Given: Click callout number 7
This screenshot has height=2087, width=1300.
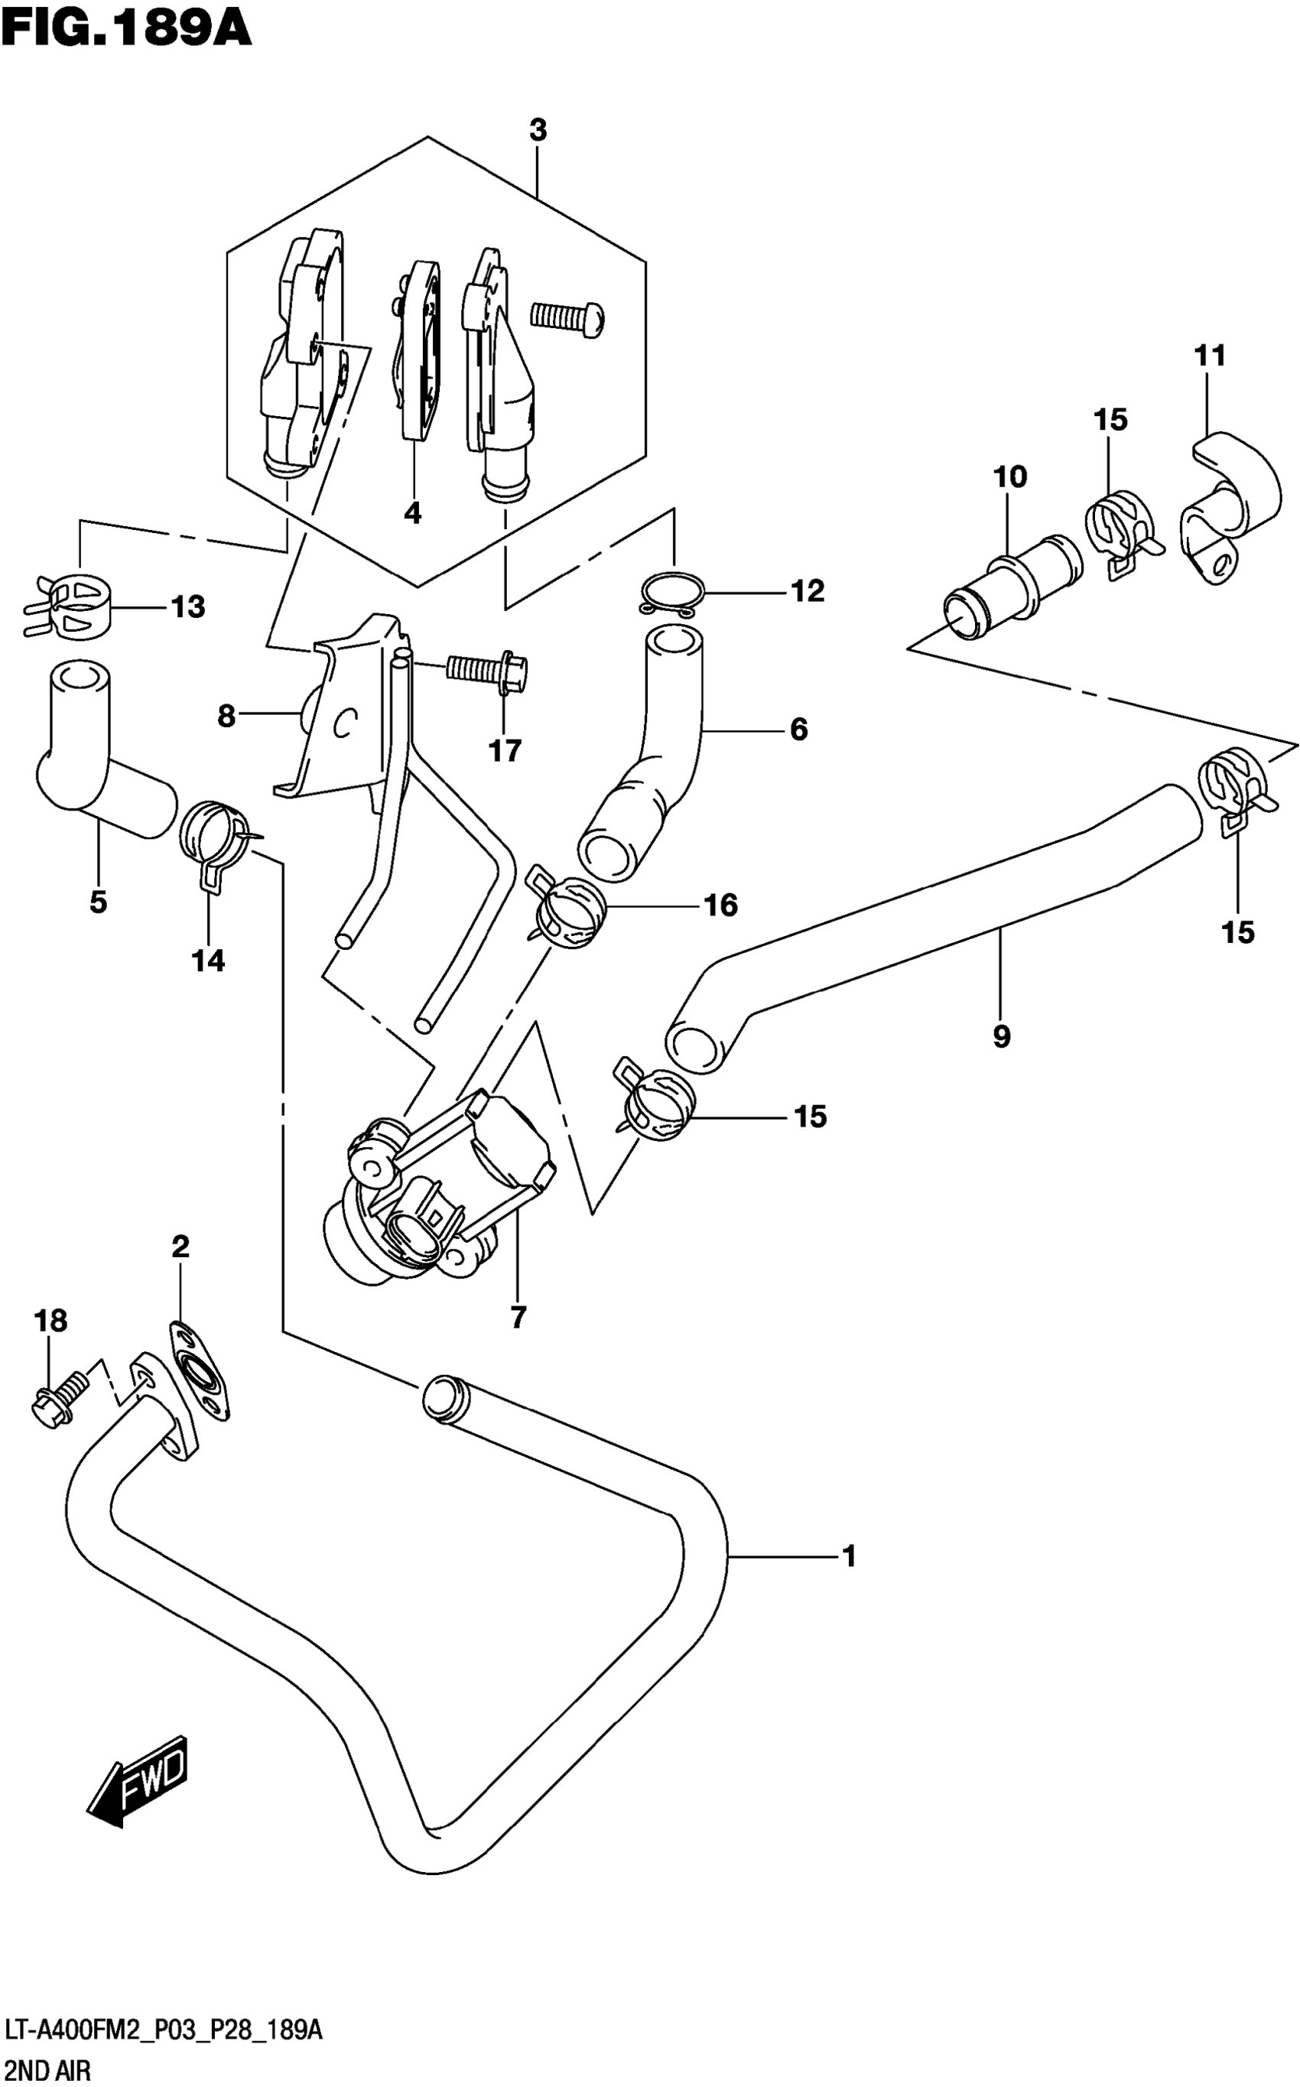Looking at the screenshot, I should click(x=518, y=1318).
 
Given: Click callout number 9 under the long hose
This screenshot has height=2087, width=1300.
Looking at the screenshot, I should click(x=1001, y=1037).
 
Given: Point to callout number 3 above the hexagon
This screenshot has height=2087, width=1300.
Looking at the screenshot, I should click(x=538, y=131).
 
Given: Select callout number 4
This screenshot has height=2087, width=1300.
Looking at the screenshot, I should click(x=413, y=514).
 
